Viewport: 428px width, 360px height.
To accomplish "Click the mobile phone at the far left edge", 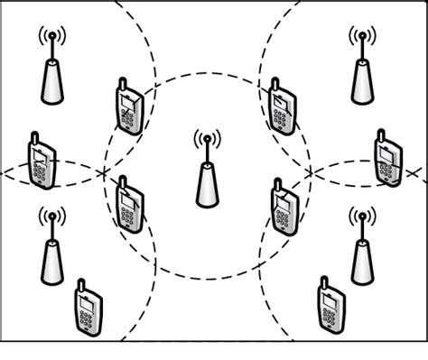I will pos(41,163).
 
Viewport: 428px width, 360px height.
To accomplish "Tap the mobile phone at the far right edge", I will pos(389,160).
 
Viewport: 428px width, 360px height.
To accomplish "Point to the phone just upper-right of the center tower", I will pos(282,107).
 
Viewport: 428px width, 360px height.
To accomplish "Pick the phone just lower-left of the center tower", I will pos(129,205).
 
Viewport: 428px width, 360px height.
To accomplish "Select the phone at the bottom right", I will pos(329,306).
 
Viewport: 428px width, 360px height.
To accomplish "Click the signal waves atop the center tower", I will pos(207,140).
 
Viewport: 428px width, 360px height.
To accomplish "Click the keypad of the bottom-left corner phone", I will pos(88,317).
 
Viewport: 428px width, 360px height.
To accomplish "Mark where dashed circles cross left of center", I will pos(104,171).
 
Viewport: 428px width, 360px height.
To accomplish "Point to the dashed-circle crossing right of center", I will pos(309,171).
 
